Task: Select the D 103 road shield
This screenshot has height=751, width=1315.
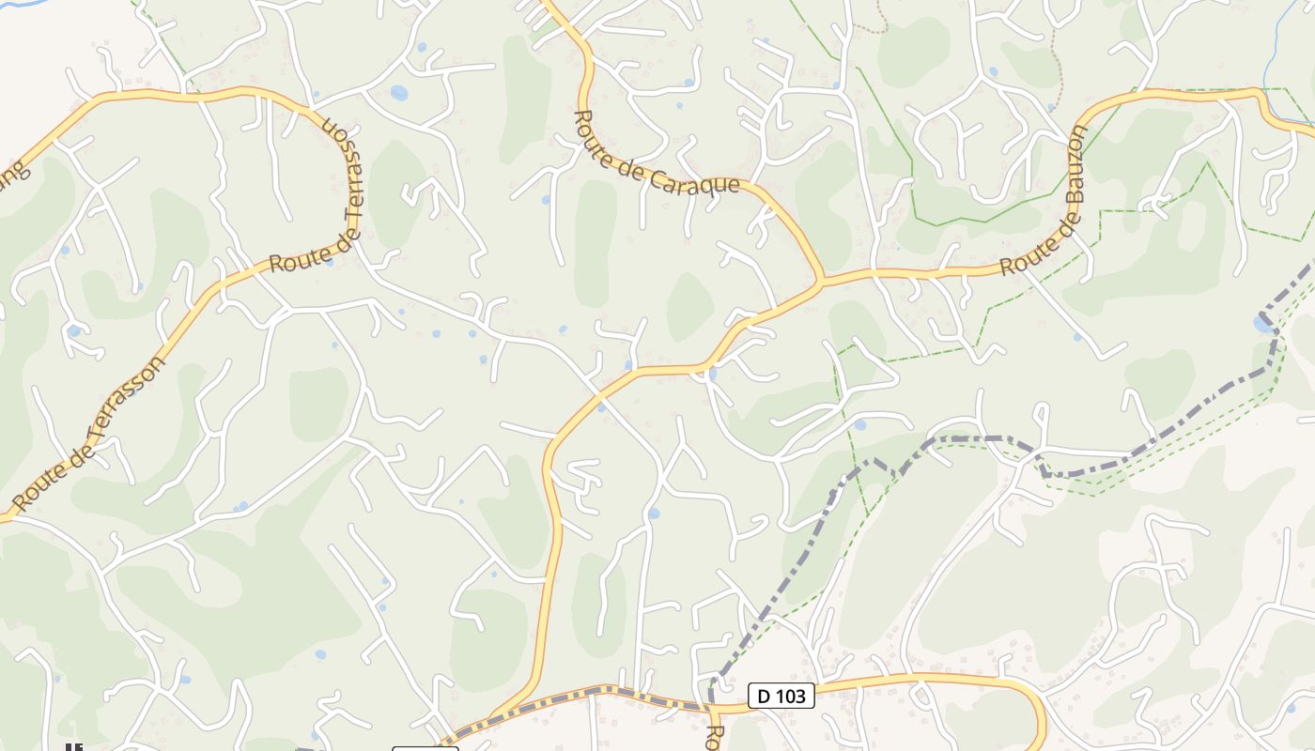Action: (x=781, y=696)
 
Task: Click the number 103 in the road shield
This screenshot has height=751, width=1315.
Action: (x=789, y=696)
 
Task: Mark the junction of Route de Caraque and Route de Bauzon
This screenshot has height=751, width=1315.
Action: (x=821, y=279)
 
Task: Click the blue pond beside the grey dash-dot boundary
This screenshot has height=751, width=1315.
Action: (x=1261, y=324)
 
